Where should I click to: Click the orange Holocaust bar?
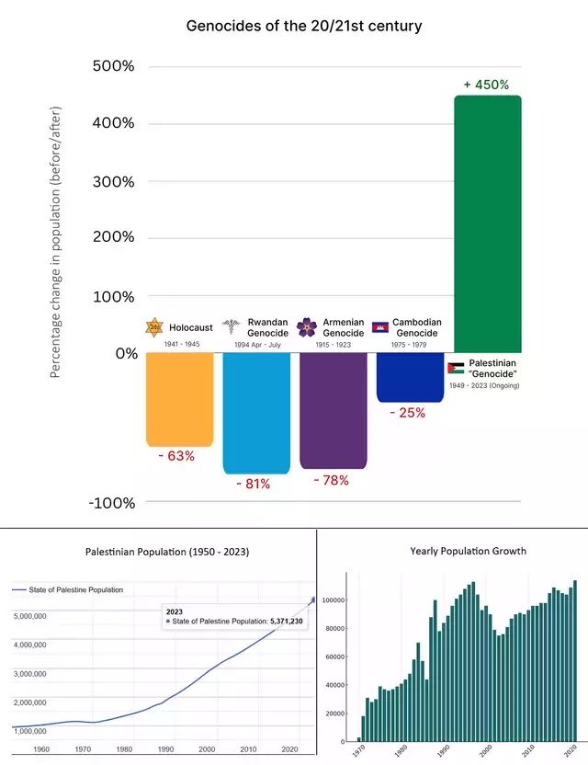180,399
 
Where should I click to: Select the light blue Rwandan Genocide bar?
256,413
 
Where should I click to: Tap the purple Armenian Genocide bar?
333,410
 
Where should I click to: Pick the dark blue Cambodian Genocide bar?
410,377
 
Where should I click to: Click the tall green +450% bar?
488,224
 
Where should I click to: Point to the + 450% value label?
486,85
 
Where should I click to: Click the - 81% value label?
253,484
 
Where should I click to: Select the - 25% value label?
408,413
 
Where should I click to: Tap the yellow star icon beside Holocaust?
154,327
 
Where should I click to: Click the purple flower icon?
307,327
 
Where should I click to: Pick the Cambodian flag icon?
380,327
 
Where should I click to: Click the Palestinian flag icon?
456,368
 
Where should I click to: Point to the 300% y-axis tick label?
113,181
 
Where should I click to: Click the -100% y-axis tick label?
112,503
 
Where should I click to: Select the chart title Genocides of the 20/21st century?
304,26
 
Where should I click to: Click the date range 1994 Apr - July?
257,345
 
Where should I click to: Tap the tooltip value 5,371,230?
287,621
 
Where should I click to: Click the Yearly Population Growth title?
468,551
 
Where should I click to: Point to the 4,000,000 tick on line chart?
30,645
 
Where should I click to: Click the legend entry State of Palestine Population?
67,590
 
